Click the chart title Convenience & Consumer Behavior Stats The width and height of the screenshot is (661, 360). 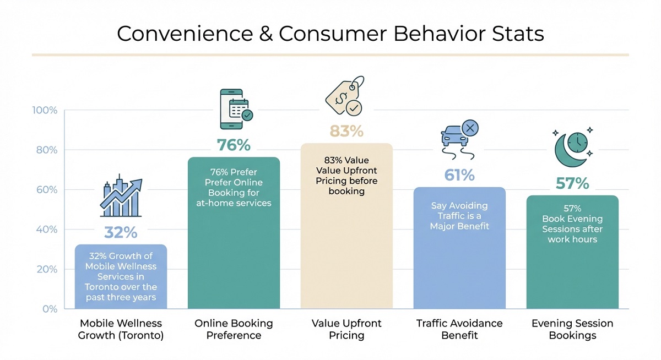click(x=330, y=34)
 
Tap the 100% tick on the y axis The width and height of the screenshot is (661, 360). click(x=44, y=110)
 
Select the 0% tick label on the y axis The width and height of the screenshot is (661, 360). click(x=49, y=309)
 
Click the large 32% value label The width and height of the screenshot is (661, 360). click(x=121, y=232)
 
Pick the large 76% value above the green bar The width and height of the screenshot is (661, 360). click(x=234, y=145)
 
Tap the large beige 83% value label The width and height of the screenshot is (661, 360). click(x=346, y=131)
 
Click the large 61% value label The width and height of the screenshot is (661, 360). click(x=459, y=175)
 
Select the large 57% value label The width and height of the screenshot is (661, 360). click(x=572, y=183)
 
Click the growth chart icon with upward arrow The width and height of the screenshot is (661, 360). click(x=121, y=198)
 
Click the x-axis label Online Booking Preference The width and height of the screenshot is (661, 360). click(x=234, y=329)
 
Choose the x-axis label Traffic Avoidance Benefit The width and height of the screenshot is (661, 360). click(x=459, y=329)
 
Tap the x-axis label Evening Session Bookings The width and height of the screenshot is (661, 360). click(x=572, y=329)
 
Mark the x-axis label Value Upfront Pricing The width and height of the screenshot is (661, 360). click(x=346, y=329)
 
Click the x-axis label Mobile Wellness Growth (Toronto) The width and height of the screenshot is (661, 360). click(x=122, y=329)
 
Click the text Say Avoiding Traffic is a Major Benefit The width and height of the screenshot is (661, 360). click(x=459, y=216)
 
